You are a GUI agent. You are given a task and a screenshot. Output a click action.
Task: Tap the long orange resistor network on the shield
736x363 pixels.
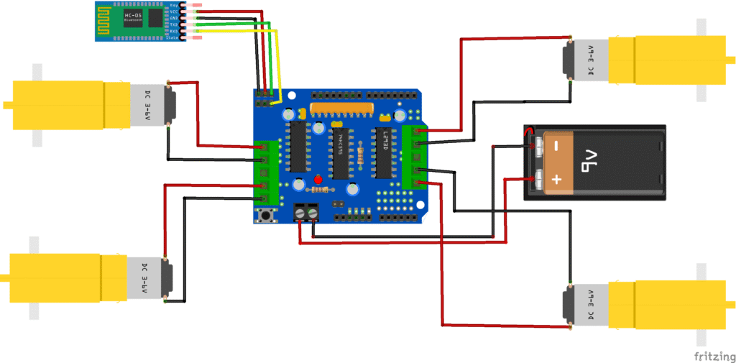(x=341, y=109)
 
